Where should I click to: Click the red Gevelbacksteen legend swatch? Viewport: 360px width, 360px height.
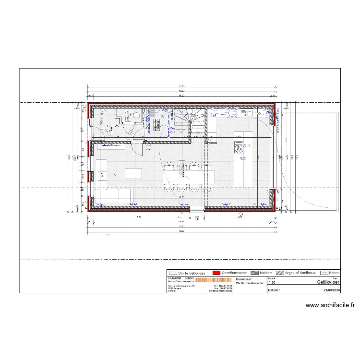pos(216,272)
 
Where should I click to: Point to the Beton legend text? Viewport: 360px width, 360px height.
pos(334,272)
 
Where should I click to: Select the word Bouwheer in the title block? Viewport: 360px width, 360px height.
pos(244,278)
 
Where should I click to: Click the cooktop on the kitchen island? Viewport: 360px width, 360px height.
pos(240,147)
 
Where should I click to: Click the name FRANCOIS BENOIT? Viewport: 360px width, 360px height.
pos(181,278)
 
